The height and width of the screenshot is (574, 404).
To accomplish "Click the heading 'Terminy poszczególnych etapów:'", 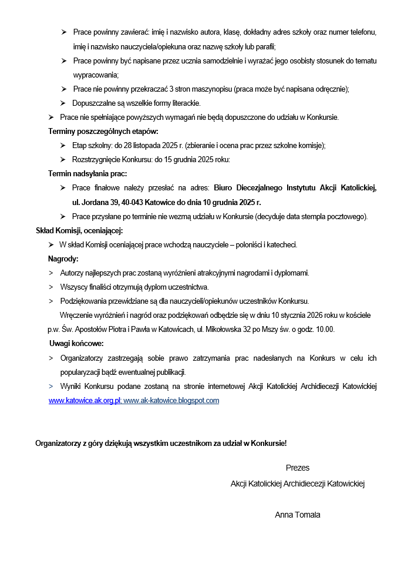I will tap(103, 132).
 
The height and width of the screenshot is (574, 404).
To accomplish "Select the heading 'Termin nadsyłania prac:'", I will tap(87, 174).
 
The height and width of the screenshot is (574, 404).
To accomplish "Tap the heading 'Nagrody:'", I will tap(63, 259).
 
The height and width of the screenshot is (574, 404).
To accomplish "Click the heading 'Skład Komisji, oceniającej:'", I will tap(79, 230).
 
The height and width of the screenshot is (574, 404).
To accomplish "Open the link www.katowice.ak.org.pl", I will tap(84, 401).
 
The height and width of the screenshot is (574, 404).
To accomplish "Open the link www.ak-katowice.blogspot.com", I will tap(171, 401).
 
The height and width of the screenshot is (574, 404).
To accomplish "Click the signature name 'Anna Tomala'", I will tap(298, 515).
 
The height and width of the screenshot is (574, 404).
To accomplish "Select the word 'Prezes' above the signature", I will tap(298, 468).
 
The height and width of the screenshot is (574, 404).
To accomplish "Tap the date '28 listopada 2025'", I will tap(145, 146).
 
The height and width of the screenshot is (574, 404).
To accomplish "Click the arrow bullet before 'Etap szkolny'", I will tap(63, 146).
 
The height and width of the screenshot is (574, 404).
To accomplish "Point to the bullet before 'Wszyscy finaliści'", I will tap(51, 287).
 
